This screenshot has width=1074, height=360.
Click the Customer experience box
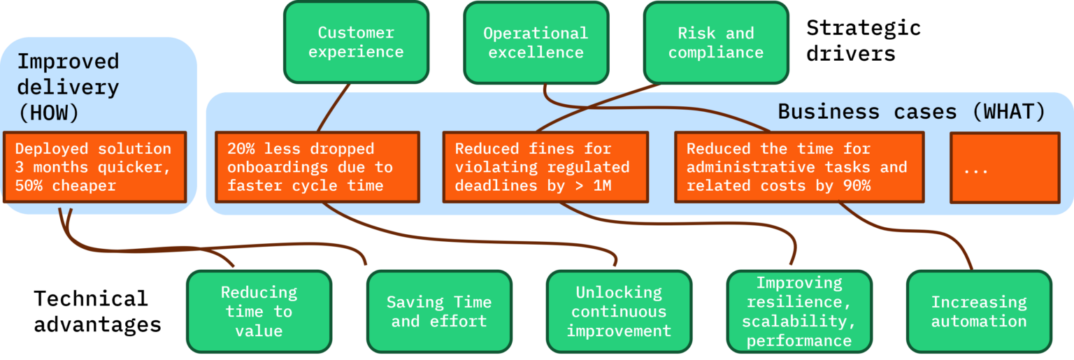coord(356,43)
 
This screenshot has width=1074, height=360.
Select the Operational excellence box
coord(536,43)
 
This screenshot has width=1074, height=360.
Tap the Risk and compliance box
coord(716,43)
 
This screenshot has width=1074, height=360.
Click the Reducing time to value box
coord(259,311)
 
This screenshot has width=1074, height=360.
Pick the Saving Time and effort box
coord(439,311)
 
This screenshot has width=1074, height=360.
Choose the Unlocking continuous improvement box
coord(619,311)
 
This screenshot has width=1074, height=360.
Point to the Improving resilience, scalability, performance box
coord(799,311)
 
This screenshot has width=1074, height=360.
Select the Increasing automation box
coord(979,311)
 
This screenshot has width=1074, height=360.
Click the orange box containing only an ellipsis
coord(1005,167)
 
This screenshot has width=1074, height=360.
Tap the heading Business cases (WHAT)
coord(912,112)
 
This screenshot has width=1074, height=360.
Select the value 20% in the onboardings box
coord(241,149)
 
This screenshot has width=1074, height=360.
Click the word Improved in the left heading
coord(68,62)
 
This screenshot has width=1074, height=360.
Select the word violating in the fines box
coord(496,167)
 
